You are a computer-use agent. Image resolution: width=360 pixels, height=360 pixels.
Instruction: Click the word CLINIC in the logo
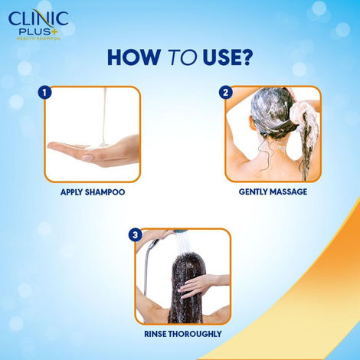(x=38, y=16)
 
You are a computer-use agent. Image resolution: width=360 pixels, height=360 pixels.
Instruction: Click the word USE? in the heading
(x=225, y=59)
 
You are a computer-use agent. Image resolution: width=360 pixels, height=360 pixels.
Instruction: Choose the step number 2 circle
(x=225, y=93)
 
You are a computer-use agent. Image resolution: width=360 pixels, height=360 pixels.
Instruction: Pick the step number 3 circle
(x=135, y=234)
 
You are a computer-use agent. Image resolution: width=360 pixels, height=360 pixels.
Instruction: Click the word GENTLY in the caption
(x=256, y=192)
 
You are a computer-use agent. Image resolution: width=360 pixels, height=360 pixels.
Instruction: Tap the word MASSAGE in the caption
(x=292, y=192)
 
